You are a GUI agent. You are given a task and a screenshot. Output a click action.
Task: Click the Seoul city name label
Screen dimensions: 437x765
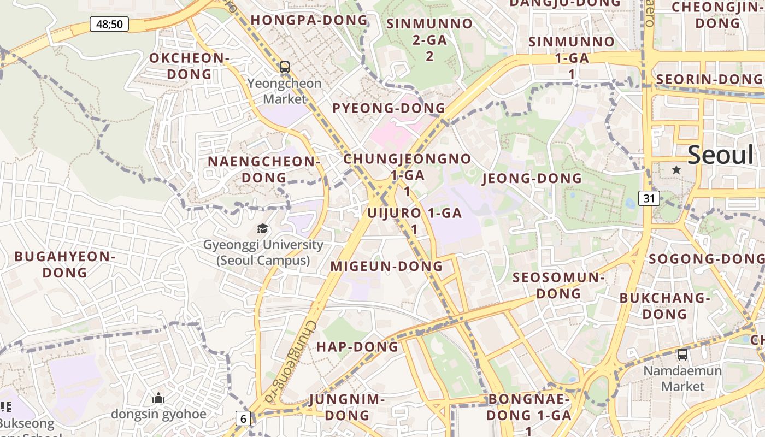(x=720, y=155)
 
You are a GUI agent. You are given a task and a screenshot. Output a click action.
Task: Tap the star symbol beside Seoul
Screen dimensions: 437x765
(x=676, y=170)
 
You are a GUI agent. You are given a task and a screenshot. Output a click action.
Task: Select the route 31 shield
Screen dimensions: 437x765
(x=649, y=198)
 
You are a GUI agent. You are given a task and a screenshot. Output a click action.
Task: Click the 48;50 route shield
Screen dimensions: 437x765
(x=109, y=24)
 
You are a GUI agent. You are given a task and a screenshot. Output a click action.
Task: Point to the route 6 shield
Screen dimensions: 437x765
(x=243, y=419)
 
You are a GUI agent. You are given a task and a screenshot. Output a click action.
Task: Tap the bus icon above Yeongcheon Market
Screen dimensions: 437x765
(x=284, y=67)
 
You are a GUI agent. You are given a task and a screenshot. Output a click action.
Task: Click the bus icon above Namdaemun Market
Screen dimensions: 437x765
(x=682, y=354)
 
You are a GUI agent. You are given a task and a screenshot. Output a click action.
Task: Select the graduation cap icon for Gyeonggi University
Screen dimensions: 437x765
(x=263, y=228)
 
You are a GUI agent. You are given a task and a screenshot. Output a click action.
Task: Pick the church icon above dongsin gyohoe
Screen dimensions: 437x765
(x=158, y=398)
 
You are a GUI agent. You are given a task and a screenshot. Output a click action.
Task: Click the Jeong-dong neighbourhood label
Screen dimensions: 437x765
(x=532, y=179)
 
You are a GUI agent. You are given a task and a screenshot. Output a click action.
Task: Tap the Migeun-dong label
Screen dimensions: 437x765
(x=386, y=266)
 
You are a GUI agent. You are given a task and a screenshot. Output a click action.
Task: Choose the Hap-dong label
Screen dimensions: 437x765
(x=357, y=347)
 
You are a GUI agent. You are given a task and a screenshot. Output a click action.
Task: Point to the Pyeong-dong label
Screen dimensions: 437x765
(x=389, y=108)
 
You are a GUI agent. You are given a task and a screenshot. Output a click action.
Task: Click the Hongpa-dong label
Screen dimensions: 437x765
(x=309, y=20)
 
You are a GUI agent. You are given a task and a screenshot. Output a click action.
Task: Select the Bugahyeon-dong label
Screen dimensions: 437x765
(x=65, y=264)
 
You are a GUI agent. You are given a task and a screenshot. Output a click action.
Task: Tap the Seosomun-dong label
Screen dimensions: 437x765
(x=558, y=285)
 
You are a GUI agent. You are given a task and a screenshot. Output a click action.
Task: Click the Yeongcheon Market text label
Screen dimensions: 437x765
(x=285, y=91)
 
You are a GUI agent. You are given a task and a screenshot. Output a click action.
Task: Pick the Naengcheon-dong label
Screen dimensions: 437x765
(x=264, y=169)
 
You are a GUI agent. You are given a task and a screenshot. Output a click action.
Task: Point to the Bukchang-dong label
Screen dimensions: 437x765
(x=664, y=306)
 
